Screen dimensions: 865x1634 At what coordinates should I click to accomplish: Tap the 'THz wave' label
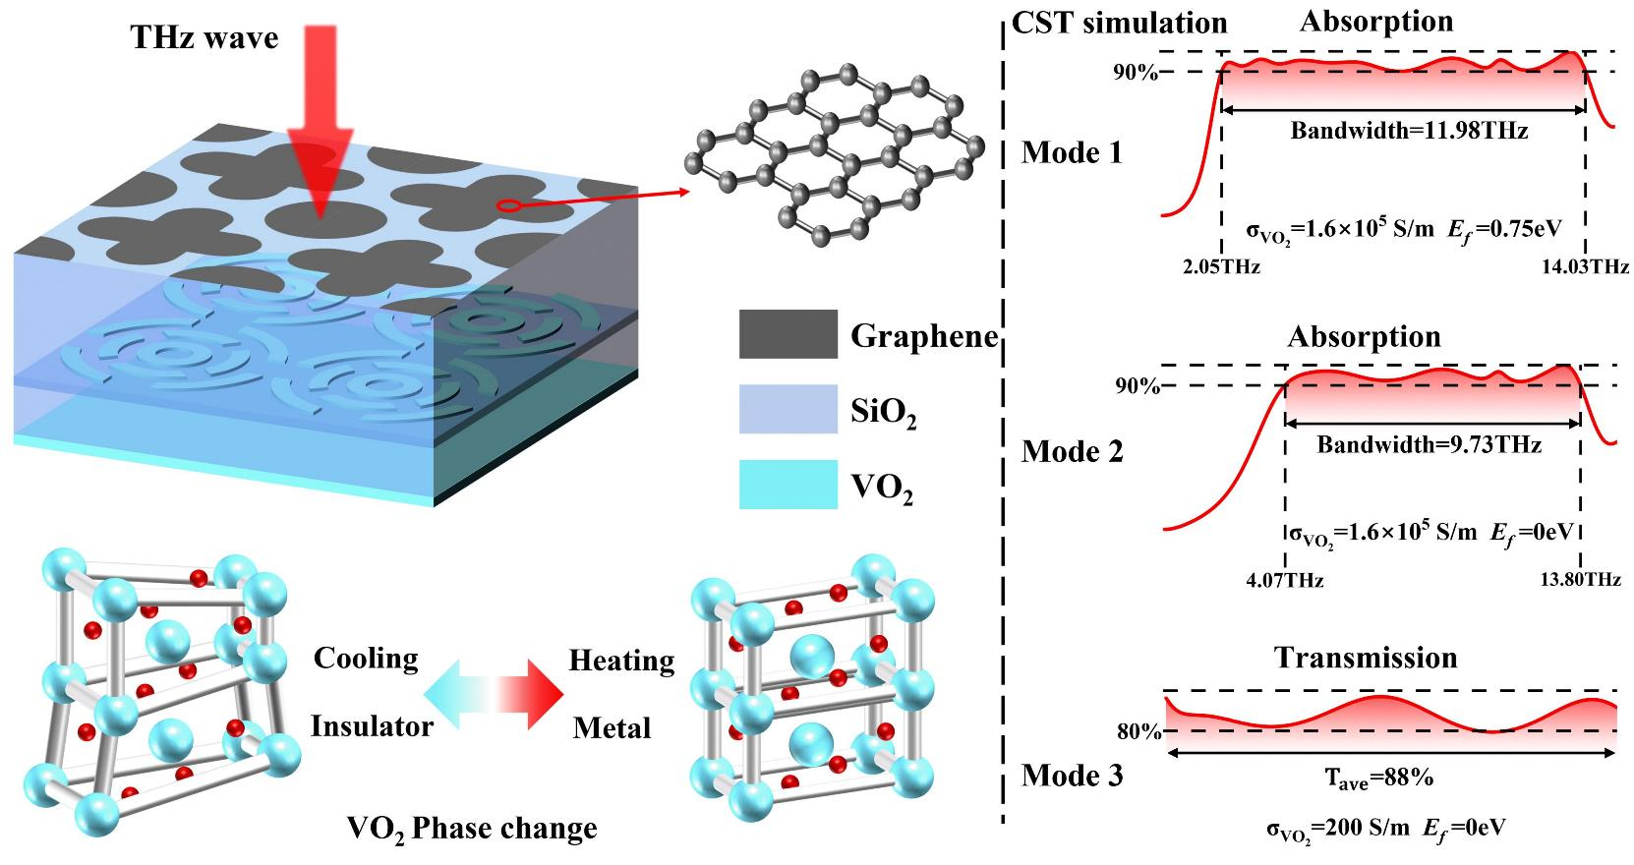205,38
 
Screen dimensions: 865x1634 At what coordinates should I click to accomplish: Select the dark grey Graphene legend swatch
788,334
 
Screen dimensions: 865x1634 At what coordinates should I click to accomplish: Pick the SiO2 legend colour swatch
788,409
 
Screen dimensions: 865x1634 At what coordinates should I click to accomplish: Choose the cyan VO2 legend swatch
788,484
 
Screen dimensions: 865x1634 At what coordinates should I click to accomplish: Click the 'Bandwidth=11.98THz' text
1409,131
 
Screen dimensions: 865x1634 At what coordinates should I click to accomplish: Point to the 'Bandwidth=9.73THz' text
1429,445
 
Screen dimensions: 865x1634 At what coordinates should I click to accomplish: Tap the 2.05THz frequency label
1222,266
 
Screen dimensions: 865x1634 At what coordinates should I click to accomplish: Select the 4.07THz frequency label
1284,581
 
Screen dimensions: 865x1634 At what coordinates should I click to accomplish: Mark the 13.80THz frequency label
1581,581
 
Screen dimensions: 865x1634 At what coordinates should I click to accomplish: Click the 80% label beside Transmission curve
1138,732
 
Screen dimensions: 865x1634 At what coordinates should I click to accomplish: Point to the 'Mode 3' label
1072,776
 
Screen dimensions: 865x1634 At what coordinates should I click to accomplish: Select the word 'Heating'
621,660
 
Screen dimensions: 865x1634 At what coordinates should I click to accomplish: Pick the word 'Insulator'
372,726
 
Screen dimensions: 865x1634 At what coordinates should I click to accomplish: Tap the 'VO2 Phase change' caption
472,829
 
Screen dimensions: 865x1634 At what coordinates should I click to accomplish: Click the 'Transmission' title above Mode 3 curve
1366,658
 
